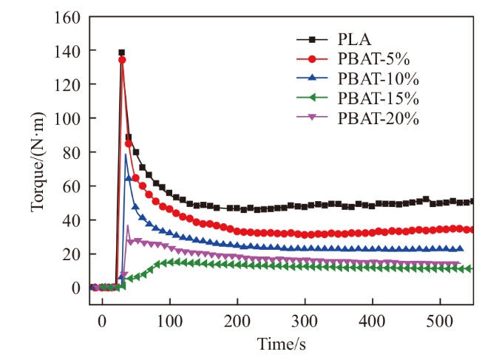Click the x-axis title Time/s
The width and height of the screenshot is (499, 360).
point(282,344)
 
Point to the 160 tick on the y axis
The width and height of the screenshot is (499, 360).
point(70,16)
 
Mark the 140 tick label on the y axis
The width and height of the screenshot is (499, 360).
point(70,50)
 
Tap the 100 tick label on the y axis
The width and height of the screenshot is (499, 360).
point(70,118)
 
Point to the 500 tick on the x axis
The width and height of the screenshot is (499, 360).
point(440,302)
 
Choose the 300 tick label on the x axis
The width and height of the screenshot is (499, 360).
point(305,302)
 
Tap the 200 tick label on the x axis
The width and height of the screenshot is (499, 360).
point(237,302)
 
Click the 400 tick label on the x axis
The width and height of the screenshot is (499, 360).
point(373,302)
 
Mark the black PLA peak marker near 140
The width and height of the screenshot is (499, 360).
point(121,52)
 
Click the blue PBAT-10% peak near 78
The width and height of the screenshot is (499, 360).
point(126,155)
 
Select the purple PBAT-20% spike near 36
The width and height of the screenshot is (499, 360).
point(128,226)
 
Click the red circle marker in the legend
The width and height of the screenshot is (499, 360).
point(314,59)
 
